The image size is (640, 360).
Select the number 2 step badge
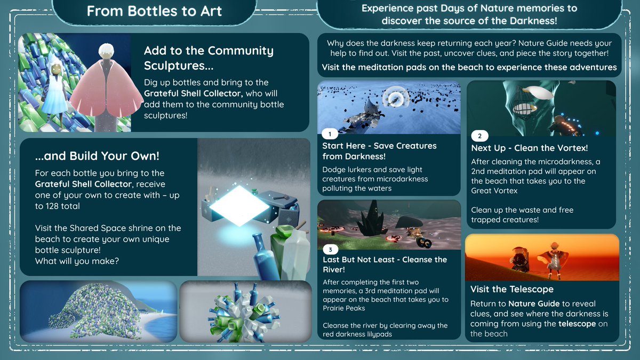click(x=479, y=135)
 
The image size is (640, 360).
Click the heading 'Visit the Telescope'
click(x=511, y=289)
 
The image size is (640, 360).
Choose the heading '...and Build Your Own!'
click(x=97, y=156)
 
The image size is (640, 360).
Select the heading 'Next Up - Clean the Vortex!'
click(x=529, y=148)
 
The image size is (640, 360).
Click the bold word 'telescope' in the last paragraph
click(x=577, y=324)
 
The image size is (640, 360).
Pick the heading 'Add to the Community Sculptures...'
click(x=209, y=58)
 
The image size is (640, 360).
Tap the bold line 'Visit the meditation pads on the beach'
click(x=469, y=67)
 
